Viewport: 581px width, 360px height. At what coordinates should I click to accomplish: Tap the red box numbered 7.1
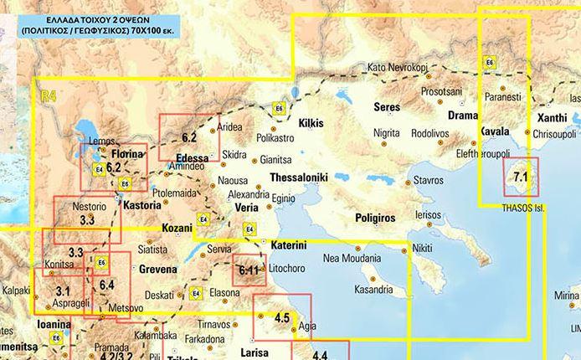521,177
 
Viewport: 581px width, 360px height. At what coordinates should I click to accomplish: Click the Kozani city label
176,228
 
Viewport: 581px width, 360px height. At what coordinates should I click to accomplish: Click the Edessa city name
193,157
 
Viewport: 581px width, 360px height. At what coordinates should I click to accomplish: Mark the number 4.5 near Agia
281,317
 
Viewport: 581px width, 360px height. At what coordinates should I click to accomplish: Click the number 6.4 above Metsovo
106,285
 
